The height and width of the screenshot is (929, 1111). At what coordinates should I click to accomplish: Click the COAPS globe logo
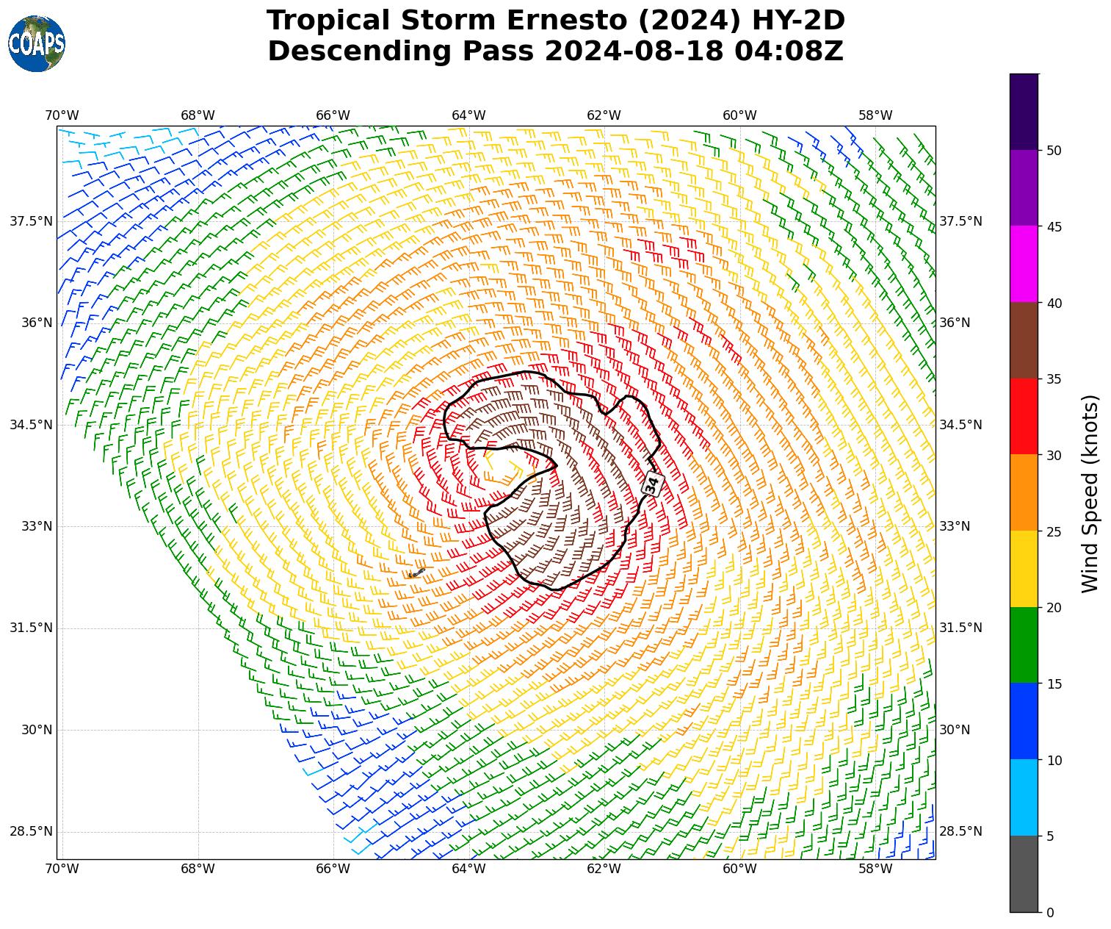(x=37, y=43)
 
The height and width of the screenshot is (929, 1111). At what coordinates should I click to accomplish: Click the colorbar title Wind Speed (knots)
(x=1091, y=493)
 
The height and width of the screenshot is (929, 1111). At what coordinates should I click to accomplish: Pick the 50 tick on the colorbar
(x=1054, y=151)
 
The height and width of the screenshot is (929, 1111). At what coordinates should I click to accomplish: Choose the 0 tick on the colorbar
(x=1050, y=913)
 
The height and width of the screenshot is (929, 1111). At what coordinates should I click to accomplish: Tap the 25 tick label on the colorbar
(x=1054, y=531)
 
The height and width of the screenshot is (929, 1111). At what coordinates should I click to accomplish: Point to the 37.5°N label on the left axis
(x=31, y=221)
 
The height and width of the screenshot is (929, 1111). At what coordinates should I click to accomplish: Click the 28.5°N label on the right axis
(x=961, y=831)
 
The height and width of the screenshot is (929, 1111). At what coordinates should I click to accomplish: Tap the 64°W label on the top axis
(x=468, y=115)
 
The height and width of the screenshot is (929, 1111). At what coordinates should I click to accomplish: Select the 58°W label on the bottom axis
(x=875, y=869)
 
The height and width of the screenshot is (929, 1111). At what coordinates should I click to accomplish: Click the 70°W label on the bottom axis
(x=62, y=869)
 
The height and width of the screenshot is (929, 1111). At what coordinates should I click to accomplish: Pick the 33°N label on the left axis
(x=37, y=526)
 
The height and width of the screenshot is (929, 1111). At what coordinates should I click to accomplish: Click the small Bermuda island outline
(x=416, y=573)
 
